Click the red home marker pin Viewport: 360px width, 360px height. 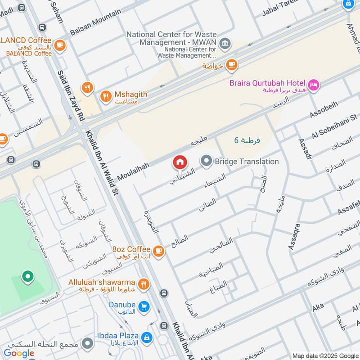pos(180,162)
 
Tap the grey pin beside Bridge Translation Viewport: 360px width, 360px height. pos(207,161)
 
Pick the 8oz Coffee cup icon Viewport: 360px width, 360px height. pos(158,251)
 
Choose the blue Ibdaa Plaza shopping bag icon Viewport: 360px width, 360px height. pos(146,337)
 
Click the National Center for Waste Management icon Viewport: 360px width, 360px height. pos(226,44)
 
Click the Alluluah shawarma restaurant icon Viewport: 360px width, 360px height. pos(143,283)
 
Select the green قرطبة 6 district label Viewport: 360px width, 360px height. pos(247,140)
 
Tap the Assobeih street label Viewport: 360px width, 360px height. pos(324,113)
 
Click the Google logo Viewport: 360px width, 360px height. pos(19,353)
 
